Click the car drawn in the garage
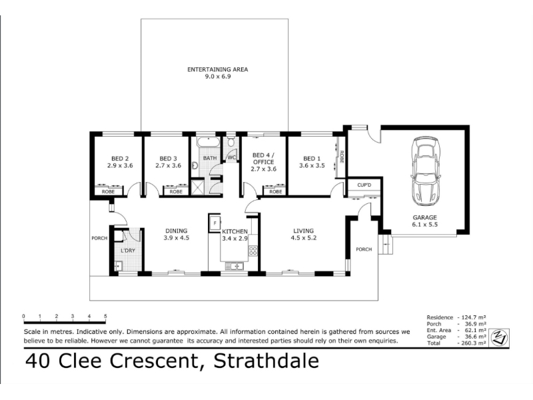pyautogui.click(x=426, y=171)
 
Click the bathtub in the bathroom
pyautogui.click(x=209, y=143)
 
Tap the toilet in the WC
pyautogui.click(x=231, y=141)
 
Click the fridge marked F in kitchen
pyautogui.click(x=215, y=223)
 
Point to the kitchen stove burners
pyautogui.click(x=253, y=251)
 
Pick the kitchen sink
pyautogui.click(x=235, y=266)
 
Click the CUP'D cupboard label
pyautogui.click(x=364, y=185)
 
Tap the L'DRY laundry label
pyautogui.click(x=128, y=251)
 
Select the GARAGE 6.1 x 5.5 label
pyautogui.click(x=424, y=221)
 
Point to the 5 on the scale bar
pyautogui.click(x=105, y=316)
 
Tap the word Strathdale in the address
pyautogui.click(x=266, y=361)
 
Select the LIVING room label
pyautogui.click(x=304, y=231)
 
